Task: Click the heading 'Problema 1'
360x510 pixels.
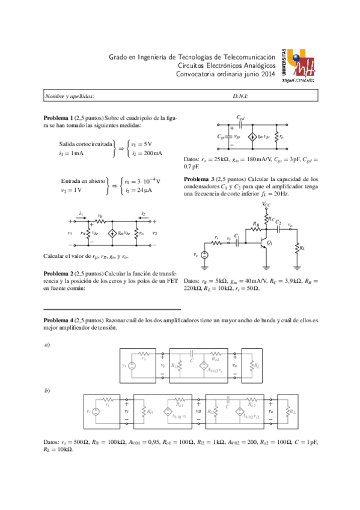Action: [x=59, y=117]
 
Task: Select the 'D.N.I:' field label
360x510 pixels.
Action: [x=240, y=96]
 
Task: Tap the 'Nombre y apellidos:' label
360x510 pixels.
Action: [x=70, y=96]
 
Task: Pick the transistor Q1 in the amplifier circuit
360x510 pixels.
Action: [x=263, y=244]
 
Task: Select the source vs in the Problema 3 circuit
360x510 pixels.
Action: [x=204, y=255]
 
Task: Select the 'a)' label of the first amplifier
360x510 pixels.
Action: [x=47, y=345]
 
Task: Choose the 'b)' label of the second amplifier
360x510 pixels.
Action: [x=47, y=390]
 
